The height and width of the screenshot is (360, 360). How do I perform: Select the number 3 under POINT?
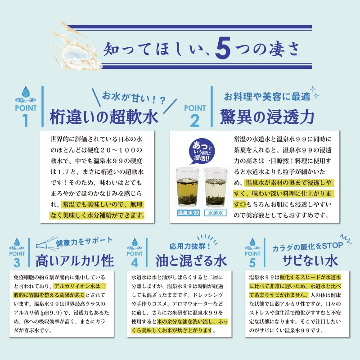[17, 262]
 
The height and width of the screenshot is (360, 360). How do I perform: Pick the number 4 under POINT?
[135, 262]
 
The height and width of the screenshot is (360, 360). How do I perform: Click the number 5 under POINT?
[252, 262]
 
